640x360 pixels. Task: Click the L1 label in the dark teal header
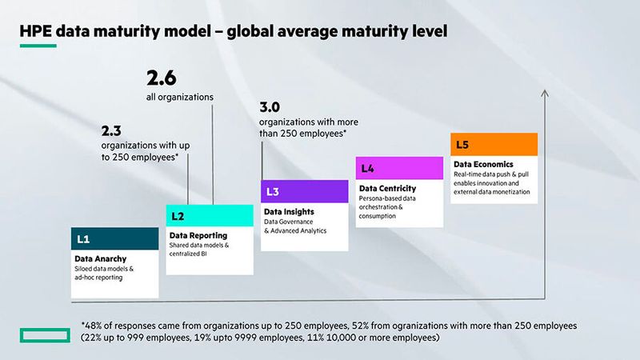pos(82,238)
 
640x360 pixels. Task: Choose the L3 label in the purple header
pos(272,192)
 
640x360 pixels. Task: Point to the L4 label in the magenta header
pos(367,168)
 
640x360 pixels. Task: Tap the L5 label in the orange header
pos(462,145)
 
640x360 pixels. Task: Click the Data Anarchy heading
pos(100,259)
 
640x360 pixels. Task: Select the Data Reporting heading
pos(198,236)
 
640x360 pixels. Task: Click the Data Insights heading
pos(289,212)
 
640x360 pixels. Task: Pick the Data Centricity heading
pos(387,189)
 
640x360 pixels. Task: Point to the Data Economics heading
pos(484,165)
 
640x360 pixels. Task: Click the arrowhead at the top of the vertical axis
pos(545,94)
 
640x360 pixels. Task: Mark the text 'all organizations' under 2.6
pos(179,97)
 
